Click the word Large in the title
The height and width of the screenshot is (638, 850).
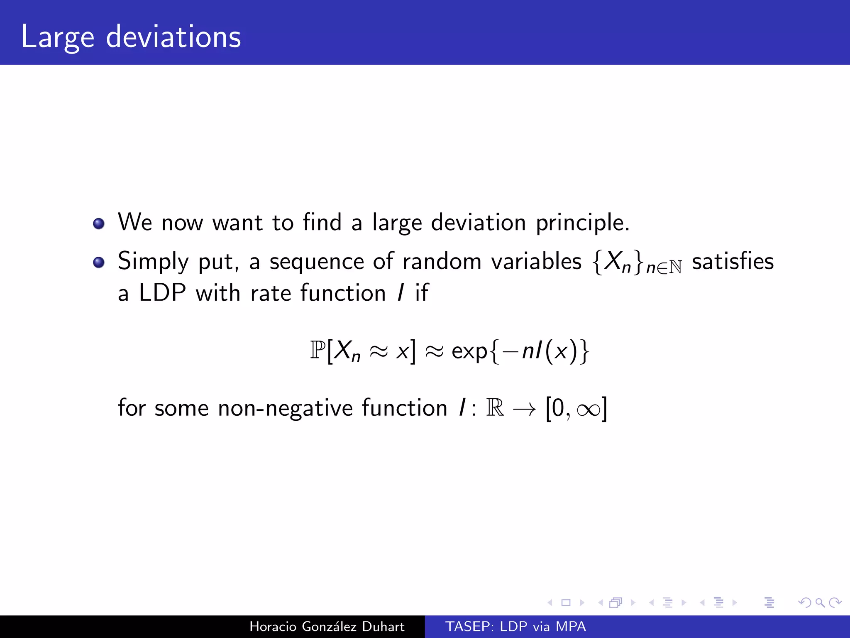(58, 37)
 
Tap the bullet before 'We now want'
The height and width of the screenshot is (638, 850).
(99, 224)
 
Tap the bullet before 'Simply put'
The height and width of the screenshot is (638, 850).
(99, 263)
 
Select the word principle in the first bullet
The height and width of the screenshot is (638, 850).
(582, 223)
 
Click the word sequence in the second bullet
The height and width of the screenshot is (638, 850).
(317, 262)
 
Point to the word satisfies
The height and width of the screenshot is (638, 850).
(733, 261)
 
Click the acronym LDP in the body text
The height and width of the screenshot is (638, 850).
(162, 293)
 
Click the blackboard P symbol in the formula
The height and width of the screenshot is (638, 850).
(318, 351)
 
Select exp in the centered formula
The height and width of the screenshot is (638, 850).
(469, 351)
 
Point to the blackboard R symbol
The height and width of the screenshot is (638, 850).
(495, 407)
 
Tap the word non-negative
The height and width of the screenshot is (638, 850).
(285, 408)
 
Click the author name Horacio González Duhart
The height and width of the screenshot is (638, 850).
(327, 626)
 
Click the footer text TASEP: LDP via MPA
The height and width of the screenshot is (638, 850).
(515, 626)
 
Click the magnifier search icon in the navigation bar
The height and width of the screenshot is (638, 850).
(820, 602)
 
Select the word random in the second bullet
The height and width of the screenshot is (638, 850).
(442, 261)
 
